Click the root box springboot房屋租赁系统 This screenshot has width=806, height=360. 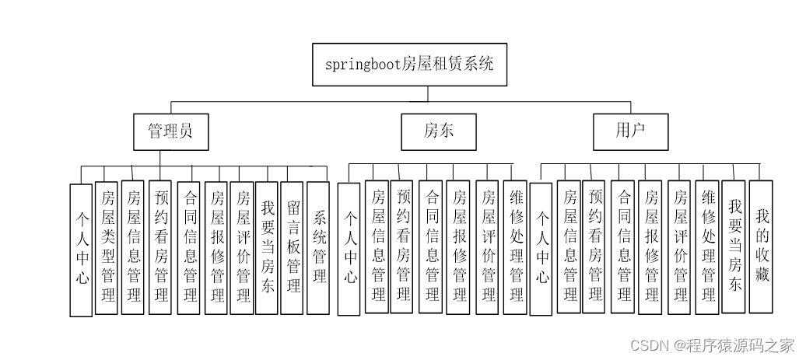tap(409, 64)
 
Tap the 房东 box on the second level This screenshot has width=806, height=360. tap(438, 131)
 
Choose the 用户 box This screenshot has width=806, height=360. tap(630, 131)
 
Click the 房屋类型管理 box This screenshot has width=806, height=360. tap(106, 247)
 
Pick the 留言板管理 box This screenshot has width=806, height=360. tap(292, 247)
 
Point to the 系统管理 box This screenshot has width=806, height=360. tap(318, 247)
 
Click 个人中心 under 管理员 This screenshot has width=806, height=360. tap(81, 249)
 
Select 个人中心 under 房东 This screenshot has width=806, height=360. tap(349, 248)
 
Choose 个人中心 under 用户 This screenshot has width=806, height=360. tap(541, 248)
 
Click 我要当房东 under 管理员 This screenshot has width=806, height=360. tap(266, 247)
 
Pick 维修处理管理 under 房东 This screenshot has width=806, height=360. tap(515, 246)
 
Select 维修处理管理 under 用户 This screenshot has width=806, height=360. tap(707, 246)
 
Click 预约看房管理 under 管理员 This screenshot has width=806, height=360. tap(160, 247)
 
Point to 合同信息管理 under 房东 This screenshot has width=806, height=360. tap(431, 246)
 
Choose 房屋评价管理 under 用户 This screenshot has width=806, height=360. tap(680, 246)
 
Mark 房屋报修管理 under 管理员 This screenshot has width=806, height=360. tap(216, 247)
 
